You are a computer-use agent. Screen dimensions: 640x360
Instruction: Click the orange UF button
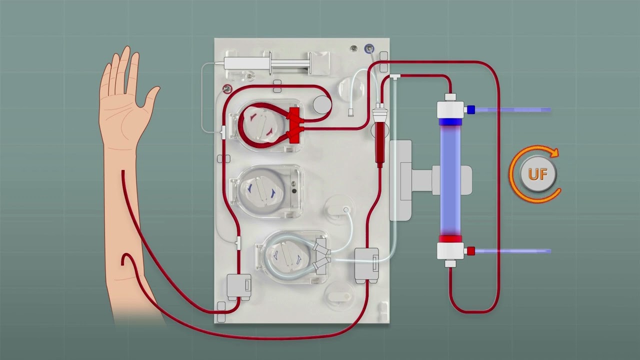(x=538, y=174)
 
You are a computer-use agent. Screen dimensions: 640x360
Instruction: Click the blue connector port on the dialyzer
(x=471, y=109)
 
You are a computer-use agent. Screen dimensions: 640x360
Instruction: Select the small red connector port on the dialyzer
(x=471, y=251)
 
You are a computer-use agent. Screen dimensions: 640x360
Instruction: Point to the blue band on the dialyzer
(x=450, y=122)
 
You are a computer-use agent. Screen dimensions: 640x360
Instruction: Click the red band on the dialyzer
(x=450, y=239)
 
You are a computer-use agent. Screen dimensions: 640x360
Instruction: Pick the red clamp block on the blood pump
(x=294, y=125)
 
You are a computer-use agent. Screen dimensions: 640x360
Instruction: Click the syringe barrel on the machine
(x=246, y=63)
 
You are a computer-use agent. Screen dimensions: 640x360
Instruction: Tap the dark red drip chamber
(x=380, y=144)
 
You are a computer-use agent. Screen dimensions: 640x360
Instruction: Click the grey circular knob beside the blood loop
(x=322, y=105)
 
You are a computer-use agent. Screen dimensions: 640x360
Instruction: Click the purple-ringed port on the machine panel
(x=369, y=48)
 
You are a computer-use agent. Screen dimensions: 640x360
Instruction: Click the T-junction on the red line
(x=395, y=76)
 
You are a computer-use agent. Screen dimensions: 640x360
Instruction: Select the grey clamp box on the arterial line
(x=239, y=287)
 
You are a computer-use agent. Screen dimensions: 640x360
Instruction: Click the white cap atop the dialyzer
(x=450, y=97)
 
